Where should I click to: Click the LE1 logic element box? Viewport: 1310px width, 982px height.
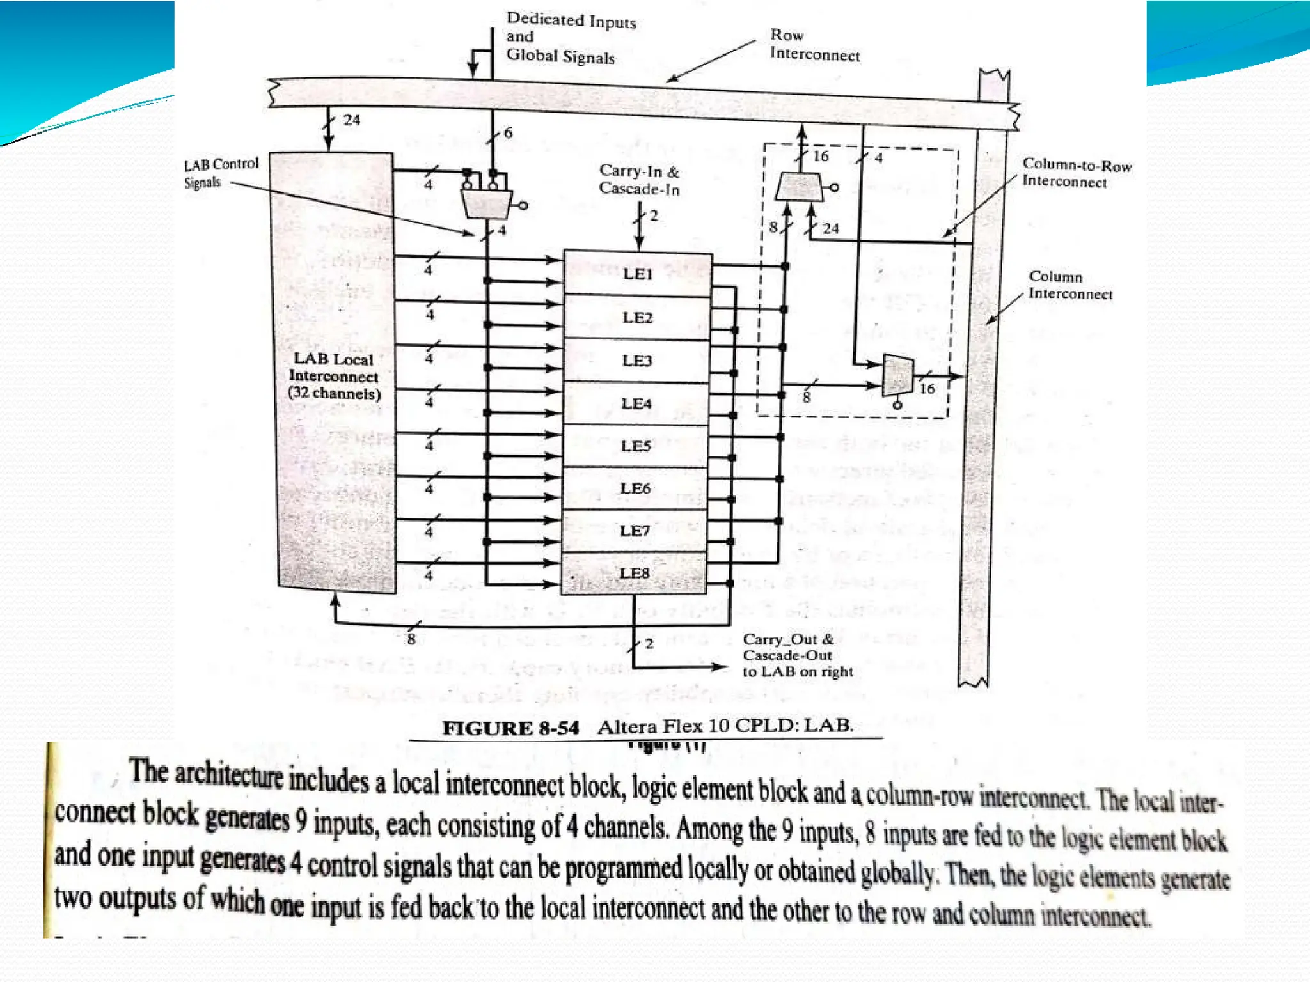tap(637, 274)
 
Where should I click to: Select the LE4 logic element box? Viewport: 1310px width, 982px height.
tap(636, 403)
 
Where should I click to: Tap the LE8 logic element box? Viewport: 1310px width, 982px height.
tap(634, 573)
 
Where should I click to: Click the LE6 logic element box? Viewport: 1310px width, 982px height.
tap(635, 488)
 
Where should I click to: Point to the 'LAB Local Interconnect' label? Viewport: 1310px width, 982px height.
tap(334, 376)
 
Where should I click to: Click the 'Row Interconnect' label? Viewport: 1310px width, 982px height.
tap(814, 45)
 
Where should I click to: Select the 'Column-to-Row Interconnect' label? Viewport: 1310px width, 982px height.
tap(1077, 173)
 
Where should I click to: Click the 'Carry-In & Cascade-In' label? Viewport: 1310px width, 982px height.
tap(639, 180)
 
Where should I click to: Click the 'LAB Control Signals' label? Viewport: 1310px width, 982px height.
tap(221, 173)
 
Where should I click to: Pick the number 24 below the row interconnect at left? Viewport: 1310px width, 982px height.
tap(351, 120)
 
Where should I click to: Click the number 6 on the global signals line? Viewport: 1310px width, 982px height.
tap(508, 133)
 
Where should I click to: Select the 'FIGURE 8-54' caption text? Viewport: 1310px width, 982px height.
tap(510, 728)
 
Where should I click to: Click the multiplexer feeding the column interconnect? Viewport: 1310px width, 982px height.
tap(897, 376)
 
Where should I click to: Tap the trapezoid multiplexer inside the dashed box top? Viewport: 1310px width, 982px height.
tap(800, 187)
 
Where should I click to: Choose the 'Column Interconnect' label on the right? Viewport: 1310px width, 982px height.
tap(1070, 285)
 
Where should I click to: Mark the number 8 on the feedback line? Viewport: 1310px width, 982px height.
tap(411, 639)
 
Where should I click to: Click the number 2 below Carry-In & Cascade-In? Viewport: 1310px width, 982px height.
tap(653, 215)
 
